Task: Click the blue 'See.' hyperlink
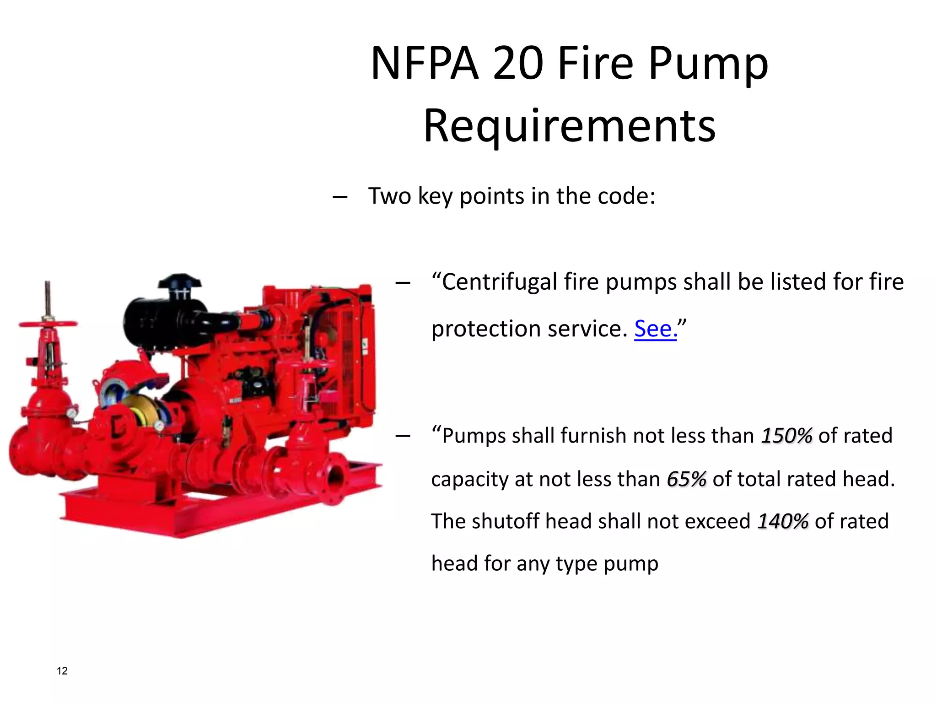point(655,329)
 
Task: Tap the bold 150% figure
point(786,436)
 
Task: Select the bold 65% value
point(686,479)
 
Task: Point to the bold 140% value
point(783,521)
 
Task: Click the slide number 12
point(62,671)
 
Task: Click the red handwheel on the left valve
point(48,324)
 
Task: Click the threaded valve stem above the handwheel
point(47,297)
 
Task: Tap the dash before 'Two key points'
point(339,197)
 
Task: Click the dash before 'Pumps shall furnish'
point(403,437)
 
